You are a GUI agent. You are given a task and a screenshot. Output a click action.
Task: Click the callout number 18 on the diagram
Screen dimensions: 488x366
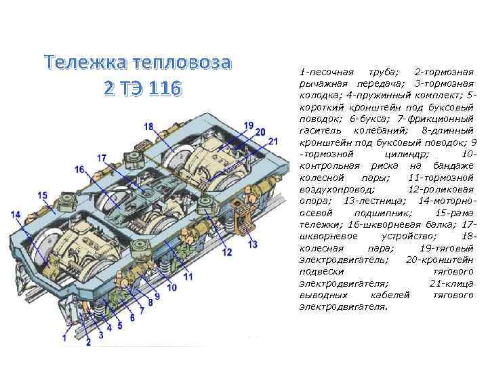[x=148, y=125]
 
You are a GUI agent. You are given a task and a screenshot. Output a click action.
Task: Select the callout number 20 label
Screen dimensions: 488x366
[x=260, y=133]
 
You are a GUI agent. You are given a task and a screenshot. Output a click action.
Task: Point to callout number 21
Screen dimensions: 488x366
[x=273, y=141]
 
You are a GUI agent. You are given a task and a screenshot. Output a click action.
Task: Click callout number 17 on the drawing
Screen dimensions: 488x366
[x=102, y=158]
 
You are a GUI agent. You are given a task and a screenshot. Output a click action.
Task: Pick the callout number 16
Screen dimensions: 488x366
[x=80, y=169]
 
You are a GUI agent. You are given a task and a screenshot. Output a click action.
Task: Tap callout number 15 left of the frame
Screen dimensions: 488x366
[x=42, y=195]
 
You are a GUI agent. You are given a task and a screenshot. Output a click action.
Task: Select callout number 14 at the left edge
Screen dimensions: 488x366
[x=16, y=215]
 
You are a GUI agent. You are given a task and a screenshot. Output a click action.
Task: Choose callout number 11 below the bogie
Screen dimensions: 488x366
[x=188, y=277]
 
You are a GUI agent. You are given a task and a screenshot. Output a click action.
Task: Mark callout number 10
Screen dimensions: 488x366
[x=171, y=287]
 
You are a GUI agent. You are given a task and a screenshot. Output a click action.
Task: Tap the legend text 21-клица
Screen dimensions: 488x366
[x=450, y=284]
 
